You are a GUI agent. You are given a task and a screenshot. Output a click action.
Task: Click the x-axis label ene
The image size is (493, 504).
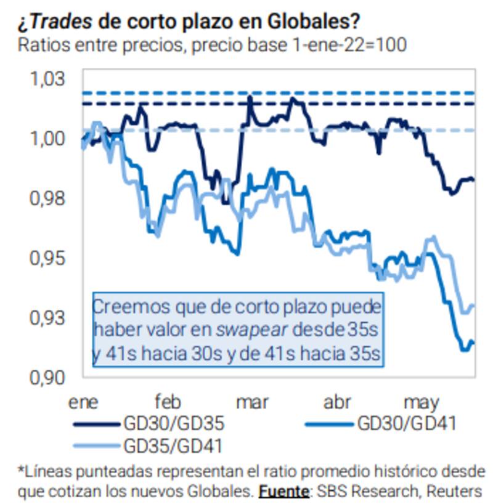[84, 403]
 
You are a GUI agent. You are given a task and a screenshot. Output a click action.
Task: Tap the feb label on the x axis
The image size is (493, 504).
[168, 403]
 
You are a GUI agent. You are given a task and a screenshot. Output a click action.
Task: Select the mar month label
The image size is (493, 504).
[253, 403]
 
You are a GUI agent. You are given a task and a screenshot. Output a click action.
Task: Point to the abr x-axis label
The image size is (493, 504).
[337, 403]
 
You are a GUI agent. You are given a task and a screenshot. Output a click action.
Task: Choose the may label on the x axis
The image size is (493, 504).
[422, 404]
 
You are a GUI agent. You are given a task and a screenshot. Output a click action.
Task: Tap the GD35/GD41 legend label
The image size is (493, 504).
[173, 445]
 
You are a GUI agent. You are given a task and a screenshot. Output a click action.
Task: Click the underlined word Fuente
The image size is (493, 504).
[283, 491]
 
